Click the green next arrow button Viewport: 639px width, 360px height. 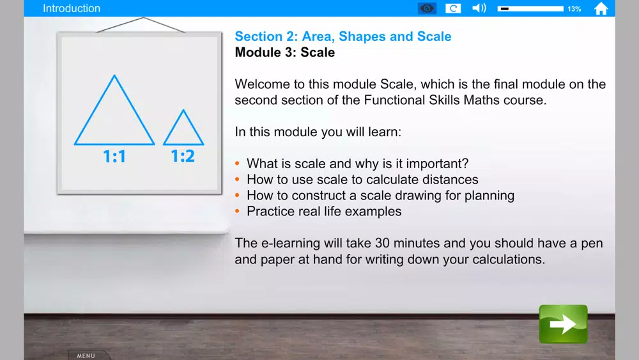563,324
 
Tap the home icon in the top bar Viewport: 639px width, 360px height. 601,8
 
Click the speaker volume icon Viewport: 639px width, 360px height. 479,8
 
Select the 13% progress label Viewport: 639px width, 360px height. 574,9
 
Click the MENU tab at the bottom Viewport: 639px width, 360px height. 86,356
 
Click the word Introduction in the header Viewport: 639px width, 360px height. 72,8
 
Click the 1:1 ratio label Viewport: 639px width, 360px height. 114,156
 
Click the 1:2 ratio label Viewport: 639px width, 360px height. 183,156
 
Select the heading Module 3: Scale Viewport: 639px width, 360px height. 285,52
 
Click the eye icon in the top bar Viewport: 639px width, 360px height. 427,8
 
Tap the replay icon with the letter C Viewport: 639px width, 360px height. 453,8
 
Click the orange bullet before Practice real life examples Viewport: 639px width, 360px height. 238,211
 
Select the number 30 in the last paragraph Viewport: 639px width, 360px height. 382,243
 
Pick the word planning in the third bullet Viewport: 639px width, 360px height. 489,196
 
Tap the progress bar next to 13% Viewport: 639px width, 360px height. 530,8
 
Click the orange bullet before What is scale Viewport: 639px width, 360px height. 238,164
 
